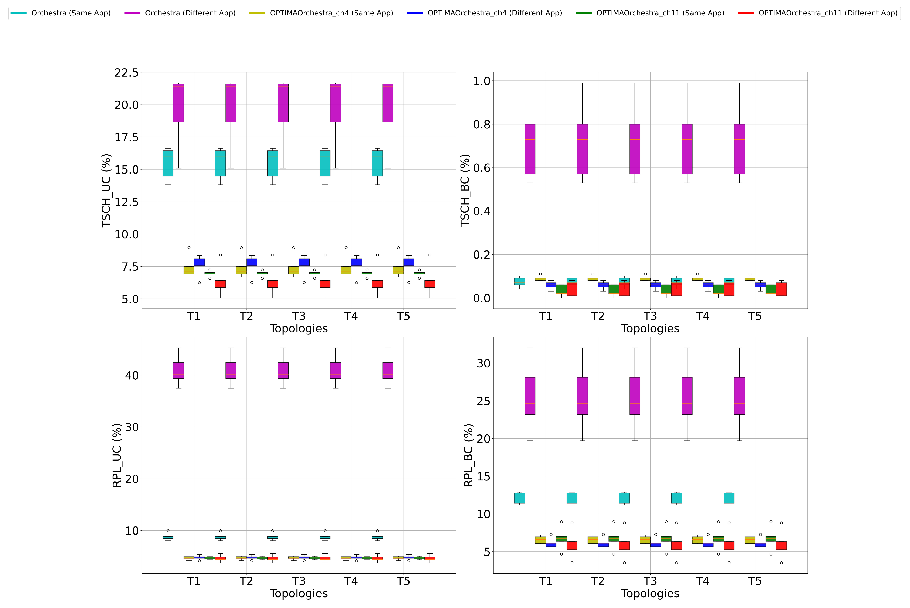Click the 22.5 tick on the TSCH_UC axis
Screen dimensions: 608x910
point(126,72)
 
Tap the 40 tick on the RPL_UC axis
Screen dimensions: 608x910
point(132,375)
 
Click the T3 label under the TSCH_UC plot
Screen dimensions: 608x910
point(299,316)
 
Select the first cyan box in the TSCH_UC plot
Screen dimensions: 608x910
point(168,163)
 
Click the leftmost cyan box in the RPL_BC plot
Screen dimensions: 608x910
point(520,498)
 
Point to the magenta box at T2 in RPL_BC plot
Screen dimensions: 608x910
point(582,396)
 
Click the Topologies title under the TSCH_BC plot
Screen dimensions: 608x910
point(650,329)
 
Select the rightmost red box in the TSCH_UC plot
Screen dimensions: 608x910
point(430,284)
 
